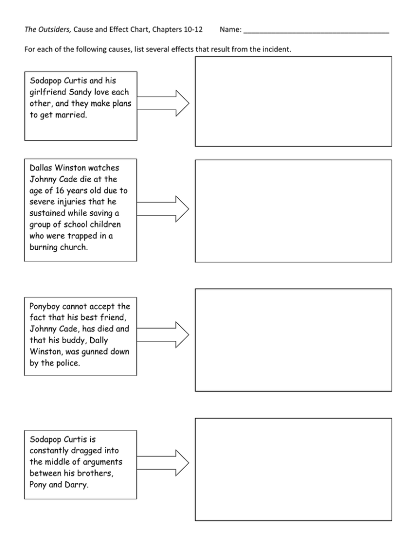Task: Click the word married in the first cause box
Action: click(69, 116)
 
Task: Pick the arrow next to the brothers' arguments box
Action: click(163, 461)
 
